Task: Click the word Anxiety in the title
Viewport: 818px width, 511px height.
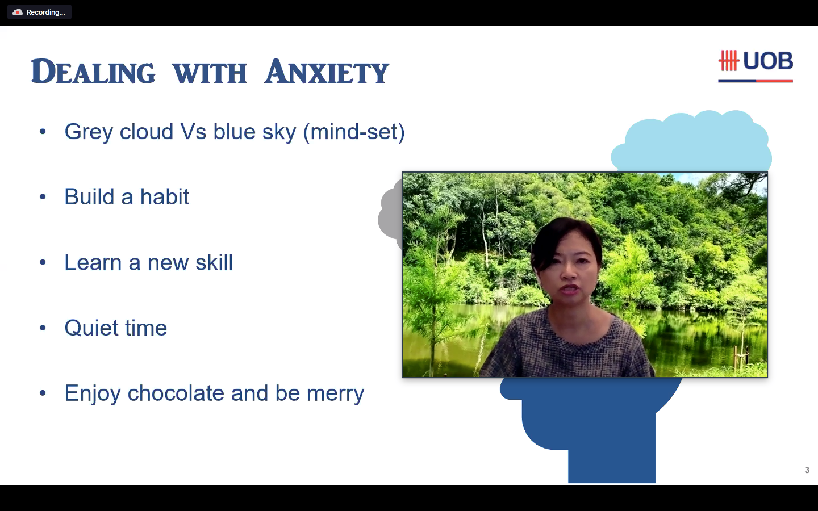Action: tap(327, 72)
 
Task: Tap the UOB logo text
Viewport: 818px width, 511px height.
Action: tap(768, 61)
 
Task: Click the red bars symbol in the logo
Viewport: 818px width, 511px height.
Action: tap(728, 61)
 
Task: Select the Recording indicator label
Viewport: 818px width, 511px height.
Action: tap(45, 12)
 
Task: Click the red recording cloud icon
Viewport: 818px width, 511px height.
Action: tap(17, 12)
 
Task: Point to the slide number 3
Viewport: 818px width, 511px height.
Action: tap(807, 470)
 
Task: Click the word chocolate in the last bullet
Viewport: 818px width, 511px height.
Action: tap(176, 393)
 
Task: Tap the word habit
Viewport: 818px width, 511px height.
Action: tap(165, 196)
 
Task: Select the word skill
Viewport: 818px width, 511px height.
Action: tap(214, 262)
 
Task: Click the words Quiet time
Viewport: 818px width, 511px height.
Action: tap(116, 328)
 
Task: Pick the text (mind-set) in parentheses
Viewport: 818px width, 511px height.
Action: tap(354, 132)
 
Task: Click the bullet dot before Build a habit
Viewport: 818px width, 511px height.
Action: tap(43, 197)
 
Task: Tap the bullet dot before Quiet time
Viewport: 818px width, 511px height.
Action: tap(43, 328)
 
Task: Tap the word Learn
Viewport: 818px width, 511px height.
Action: tap(93, 262)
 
